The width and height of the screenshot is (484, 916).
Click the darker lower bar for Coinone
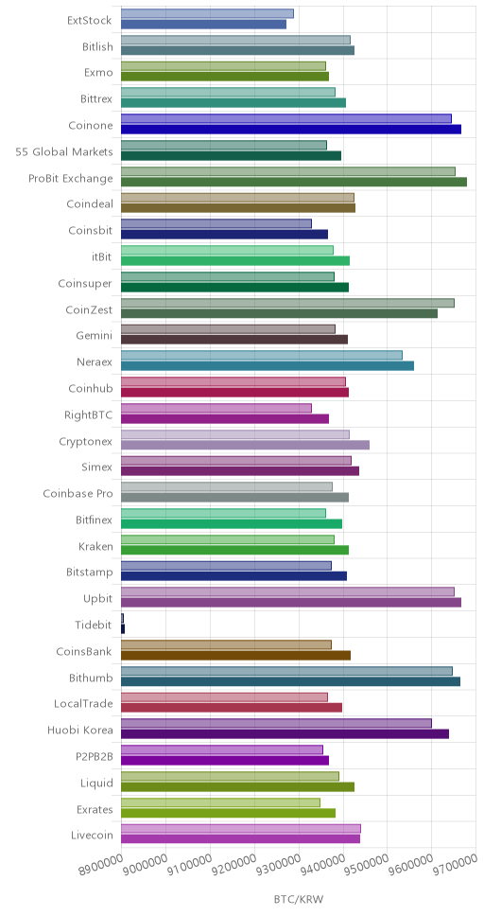pyautogui.click(x=291, y=129)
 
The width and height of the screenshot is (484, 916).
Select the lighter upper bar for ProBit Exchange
pyautogui.click(x=288, y=171)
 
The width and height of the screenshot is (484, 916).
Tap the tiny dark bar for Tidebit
pyautogui.click(x=123, y=628)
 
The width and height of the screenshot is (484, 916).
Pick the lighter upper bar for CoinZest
pyautogui.click(x=287, y=303)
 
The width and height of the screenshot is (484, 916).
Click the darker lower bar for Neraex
pyautogui.click(x=268, y=365)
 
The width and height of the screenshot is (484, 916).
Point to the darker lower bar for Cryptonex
pyautogui.click(x=245, y=445)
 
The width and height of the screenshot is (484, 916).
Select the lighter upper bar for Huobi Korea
pyautogui.click(x=277, y=723)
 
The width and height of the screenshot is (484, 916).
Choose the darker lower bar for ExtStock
pyautogui.click(x=204, y=24)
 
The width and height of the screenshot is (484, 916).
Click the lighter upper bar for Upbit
pyautogui.click(x=287, y=591)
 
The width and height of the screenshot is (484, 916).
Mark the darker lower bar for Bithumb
pyautogui.click(x=291, y=681)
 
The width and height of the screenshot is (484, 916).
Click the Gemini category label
pyautogui.click(x=95, y=335)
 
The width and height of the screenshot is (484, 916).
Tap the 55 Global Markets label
pyautogui.click(x=64, y=152)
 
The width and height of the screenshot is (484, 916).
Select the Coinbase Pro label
pyautogui.click(x=78, y=494)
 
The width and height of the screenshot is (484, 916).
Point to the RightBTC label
pyautogui.click(x=89, y=414)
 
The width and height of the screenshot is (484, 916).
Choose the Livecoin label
pyautogui.click(x=91, y=835)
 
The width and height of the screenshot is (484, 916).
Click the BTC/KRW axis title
pyautogui.click(x=299, y=898)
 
